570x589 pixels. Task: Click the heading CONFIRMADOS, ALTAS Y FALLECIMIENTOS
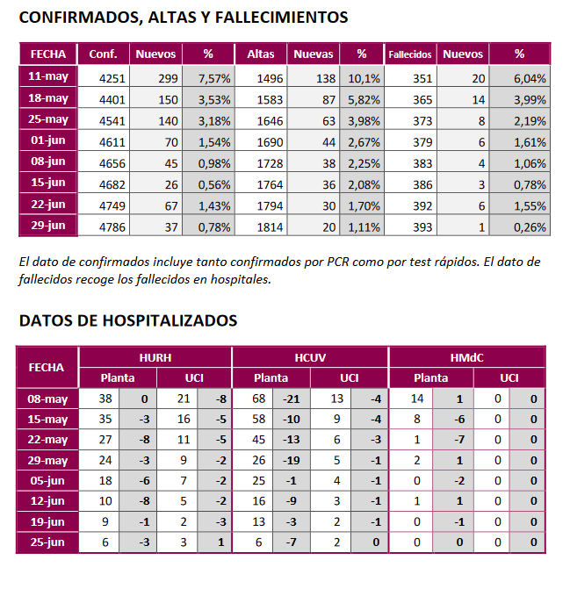[184, 18]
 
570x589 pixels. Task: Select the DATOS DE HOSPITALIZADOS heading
[128, 320]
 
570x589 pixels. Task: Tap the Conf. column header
[104, 54]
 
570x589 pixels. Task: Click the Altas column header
[261, 54]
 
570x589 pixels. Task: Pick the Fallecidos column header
[409, 54]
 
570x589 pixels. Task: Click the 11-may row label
[47, 76]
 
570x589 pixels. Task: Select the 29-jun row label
[47, 226]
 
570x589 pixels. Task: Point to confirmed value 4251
[113, 78]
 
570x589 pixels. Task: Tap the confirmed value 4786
[113, 227]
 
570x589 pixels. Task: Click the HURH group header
[155, 357]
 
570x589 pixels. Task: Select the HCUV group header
[310, 357]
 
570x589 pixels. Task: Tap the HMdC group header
[466, 357]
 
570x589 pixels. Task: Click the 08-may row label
[47, 399]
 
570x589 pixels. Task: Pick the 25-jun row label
[47, 542]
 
